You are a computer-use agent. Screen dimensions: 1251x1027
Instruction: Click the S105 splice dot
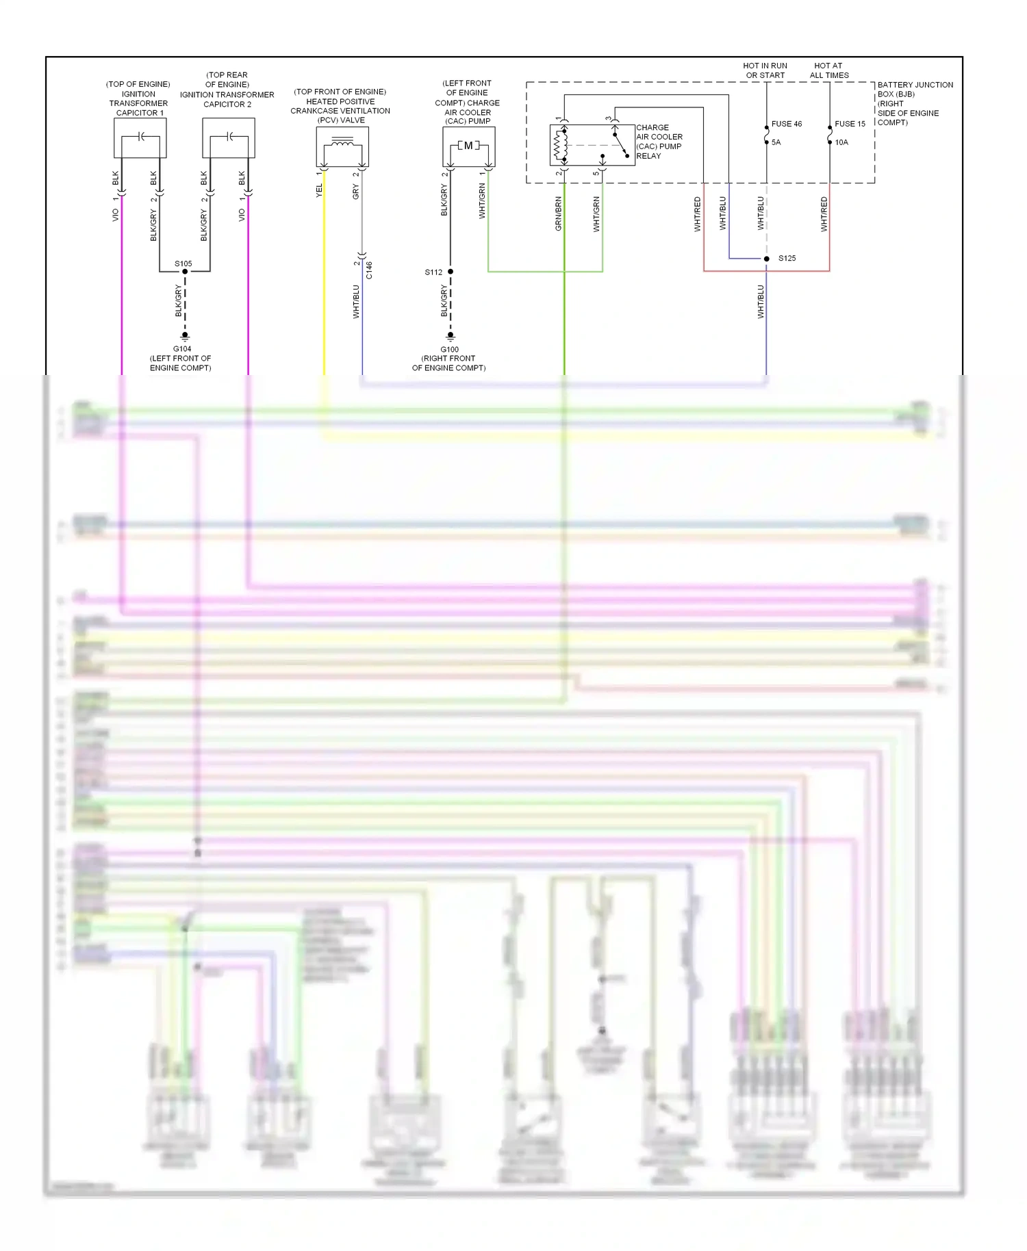(185, 272)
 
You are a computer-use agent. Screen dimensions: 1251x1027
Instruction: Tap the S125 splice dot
(766, 259)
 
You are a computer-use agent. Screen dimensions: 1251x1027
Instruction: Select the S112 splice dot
(451, 272)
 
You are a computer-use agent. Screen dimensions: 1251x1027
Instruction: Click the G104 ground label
(182, 349)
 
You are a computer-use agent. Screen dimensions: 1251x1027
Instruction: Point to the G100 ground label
(450, 350)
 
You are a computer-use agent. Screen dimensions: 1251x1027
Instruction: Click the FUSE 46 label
(786, 124)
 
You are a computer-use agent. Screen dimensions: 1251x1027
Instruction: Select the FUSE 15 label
(850, 124)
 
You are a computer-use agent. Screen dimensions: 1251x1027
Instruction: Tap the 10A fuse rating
(841, 142)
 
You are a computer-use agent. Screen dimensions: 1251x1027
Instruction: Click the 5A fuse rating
(776, 142)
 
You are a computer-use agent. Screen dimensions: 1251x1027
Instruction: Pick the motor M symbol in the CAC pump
(468, 146)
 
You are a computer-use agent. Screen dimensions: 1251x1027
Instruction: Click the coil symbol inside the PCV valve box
(342, 143)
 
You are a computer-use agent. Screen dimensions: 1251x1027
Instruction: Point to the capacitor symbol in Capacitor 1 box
(140, 137)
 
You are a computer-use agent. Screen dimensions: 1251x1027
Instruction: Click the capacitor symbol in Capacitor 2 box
(229, 137)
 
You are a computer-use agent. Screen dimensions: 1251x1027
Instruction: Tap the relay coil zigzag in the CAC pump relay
(557, 144)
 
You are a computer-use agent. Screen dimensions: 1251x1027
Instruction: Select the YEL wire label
(319, 191)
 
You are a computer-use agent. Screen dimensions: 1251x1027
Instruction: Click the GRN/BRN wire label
(559, 214)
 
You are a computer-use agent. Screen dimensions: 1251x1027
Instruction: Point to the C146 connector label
(369, 270)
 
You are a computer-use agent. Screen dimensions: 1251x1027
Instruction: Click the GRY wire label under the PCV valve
(356, 192)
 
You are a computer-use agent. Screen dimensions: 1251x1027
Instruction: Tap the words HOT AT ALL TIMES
(829, 70)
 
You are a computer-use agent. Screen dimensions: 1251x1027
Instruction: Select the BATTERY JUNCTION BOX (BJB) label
(915, 90)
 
